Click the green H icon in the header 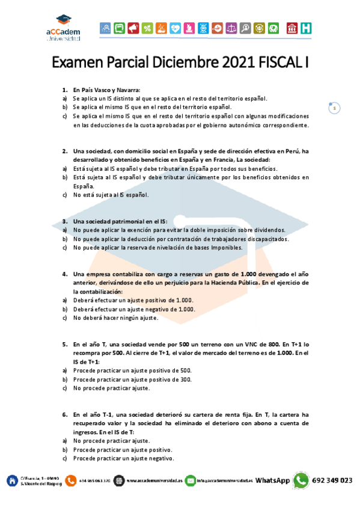[x=307, y=28]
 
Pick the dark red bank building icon [x=292, y=28]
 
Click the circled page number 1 [x=334, y=108]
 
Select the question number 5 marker [x=64, y=345]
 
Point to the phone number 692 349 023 [x=332, y=481]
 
